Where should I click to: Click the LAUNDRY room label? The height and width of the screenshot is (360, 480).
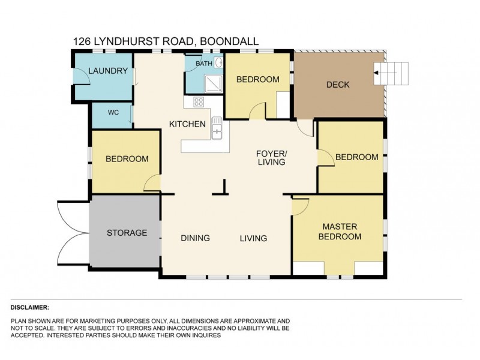click(108, 71)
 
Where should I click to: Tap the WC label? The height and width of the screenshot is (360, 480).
click(113, 112)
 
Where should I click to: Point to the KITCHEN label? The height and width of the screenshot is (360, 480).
click(187, 124)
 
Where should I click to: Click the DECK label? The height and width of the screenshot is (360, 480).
click(338, 85)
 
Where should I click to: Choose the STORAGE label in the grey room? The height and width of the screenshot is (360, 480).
click(127, 233)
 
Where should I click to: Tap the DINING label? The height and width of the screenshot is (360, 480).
click(196, 238)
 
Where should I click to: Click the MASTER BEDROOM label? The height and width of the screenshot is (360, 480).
click(340, 232)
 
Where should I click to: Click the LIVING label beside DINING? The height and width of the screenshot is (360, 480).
click(253, 238)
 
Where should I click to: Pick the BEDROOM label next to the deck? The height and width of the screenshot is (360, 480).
click(257, 79)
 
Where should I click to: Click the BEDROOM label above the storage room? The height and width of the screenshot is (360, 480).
click(127, 159)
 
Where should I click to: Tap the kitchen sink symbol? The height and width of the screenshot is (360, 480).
click(216, 128)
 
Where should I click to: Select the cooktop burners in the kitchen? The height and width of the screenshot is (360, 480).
click(198, 103)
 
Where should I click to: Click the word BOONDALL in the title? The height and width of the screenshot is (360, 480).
click(230, 41)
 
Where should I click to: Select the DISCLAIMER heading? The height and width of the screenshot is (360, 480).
click(30, 307)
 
